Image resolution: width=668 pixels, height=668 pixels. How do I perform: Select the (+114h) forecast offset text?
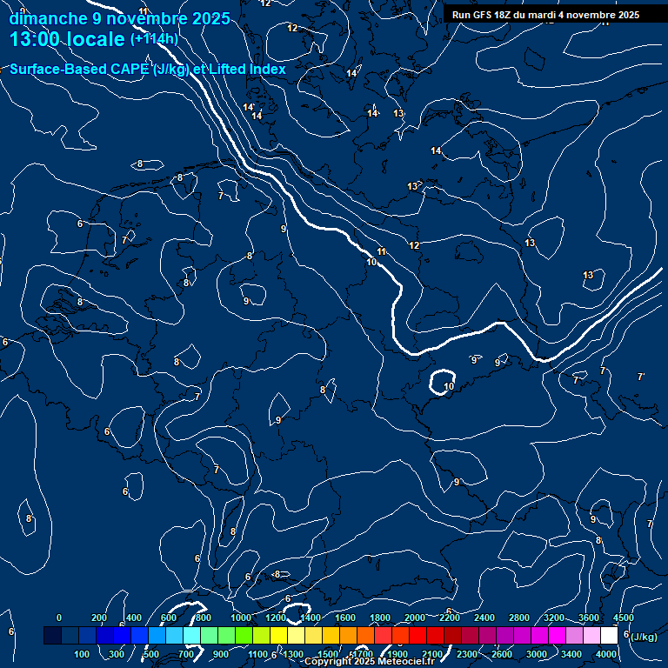click(x=154, y=39)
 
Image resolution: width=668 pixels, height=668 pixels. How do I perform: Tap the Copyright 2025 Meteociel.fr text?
click(x=369, y=662)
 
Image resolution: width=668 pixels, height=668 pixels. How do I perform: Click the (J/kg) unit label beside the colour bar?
click(x=643, y=637)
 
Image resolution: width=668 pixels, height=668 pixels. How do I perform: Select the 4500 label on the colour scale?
click(x=623, y=618)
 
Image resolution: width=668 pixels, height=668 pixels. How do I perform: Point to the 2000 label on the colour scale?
click(x=415, y=618)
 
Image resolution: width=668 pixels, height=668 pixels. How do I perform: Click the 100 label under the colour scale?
click(x=83, y=654)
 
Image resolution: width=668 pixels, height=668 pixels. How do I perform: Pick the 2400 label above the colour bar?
click(x=485, y=618)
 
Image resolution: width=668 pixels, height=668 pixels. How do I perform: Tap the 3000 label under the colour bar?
click(x=537, y=654)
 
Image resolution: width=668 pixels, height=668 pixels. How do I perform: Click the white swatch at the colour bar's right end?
click(x=609, y=636)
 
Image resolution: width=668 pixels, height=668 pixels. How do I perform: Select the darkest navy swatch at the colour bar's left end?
click(x=52, y=636)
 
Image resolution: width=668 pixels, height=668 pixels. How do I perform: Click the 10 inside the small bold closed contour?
click(x=449, y=386)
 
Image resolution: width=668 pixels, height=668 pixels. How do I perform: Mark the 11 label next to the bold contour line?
click(x=381, y=251)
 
